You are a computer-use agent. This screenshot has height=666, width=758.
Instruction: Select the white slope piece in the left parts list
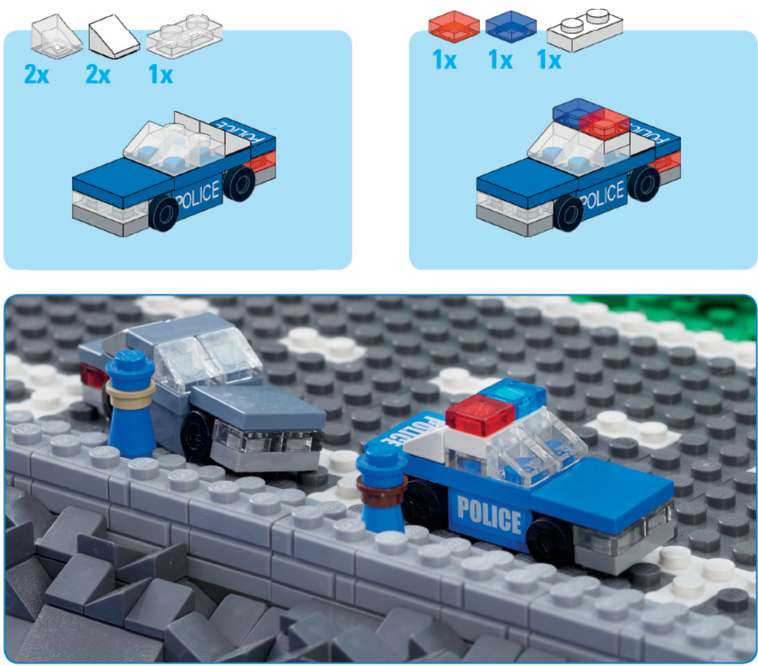coord(114,37)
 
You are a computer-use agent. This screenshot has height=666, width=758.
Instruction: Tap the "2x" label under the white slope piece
coord(98,74)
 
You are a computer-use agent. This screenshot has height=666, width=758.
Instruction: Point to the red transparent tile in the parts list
coord(454,26)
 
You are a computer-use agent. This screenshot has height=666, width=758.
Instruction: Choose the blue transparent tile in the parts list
coord(511,26)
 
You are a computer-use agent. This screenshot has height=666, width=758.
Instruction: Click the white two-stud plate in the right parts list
coord(585,30)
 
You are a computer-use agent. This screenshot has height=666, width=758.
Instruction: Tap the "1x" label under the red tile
coord(444,59)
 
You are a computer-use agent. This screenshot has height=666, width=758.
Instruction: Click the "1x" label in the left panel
coord(160,74)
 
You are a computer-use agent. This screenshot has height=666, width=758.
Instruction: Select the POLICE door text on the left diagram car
coord(198,195)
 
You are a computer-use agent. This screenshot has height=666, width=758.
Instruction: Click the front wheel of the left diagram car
coord(164,213)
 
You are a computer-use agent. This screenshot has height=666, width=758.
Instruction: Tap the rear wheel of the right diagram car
coord(644,184)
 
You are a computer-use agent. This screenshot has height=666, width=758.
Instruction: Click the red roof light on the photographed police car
coord(480,414)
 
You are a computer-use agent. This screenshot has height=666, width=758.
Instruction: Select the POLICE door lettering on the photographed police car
coord(489,514)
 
